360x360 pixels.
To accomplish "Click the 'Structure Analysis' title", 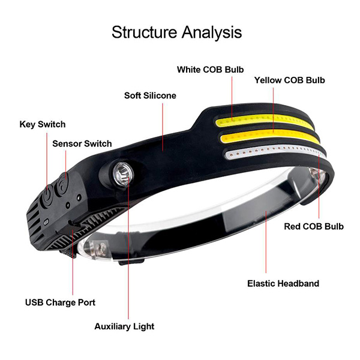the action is coord(176,32).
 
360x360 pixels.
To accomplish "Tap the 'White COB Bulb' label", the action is coord(211,70).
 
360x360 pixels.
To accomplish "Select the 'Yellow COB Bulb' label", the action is coord(290,80).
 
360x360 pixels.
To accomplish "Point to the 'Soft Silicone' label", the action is coord(150,95).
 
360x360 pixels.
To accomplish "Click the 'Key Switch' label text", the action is coord(43,124).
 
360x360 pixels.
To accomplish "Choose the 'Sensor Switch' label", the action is coord(82,144).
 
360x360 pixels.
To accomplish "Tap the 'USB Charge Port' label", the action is coord(60,302).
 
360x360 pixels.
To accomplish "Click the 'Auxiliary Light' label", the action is coord(124,326).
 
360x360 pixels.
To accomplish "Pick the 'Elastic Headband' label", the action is coord(283,284).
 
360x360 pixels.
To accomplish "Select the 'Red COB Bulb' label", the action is coord(314,226).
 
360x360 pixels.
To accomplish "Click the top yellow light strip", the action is coord(264,121).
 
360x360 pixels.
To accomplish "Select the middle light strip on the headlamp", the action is coord(270,136).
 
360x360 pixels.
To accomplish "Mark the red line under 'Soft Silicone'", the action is coord(163,127).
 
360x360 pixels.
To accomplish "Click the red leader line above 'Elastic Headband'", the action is coord(266,242).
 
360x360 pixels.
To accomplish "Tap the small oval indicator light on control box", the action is coord(46,222).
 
